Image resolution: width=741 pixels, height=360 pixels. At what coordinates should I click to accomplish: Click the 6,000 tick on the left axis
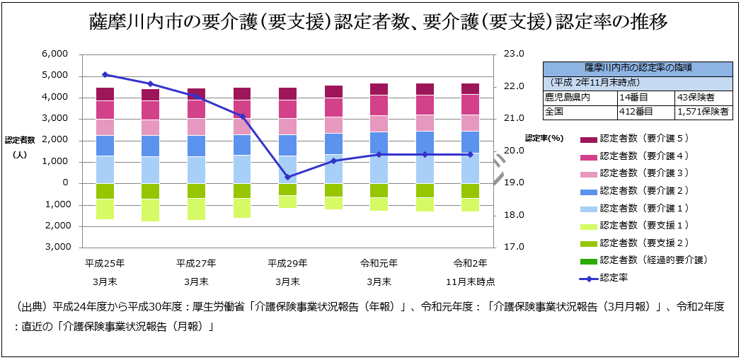tap(54, 54)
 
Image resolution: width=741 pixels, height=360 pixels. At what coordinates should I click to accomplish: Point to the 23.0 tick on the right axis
tap(513, 54)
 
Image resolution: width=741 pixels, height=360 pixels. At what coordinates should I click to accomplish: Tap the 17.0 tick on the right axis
tap(513, 248)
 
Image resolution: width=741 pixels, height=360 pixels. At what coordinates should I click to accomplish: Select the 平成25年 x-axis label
tap(105, 263)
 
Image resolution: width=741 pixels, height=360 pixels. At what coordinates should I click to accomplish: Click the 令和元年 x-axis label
tap(379, 263)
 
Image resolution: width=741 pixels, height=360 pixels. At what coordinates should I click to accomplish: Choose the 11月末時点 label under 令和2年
tap(470, 281)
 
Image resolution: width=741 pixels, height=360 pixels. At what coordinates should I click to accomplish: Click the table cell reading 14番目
tap(632, 97)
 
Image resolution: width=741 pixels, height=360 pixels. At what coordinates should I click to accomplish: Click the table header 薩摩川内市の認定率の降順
tap(638, 69)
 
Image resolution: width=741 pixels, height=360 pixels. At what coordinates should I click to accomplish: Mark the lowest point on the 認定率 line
tap(287, 177)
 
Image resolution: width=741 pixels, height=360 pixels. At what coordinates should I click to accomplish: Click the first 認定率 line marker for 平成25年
tap(105, 74)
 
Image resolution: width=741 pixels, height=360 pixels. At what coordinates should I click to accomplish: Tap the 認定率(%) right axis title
tap(544, 138)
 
